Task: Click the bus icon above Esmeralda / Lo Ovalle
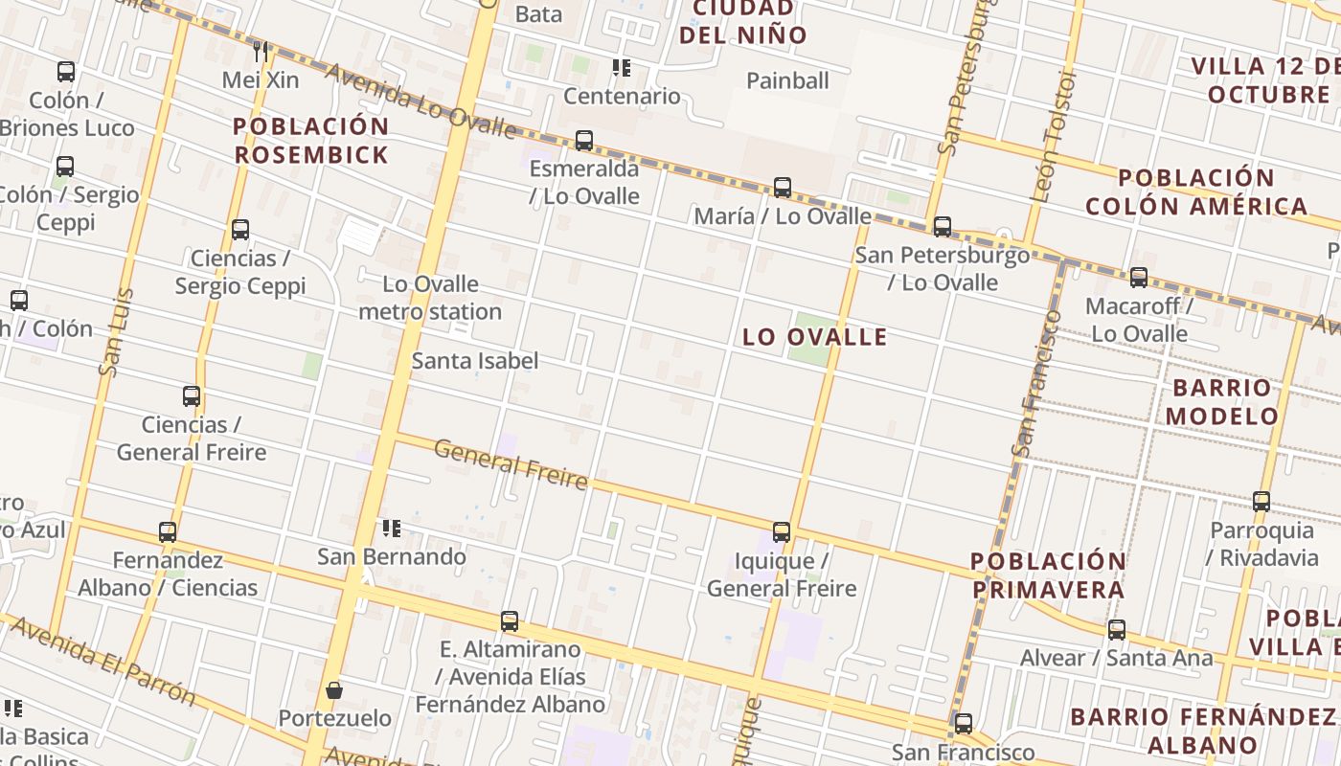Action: (x=583, y=141)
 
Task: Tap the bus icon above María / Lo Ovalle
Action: (x=783, y=188)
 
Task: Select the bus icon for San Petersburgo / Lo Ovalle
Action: (x=943, y=227)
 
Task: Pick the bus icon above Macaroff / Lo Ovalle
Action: (x=1138, y=278)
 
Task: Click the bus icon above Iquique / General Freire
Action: (x=782, y=532)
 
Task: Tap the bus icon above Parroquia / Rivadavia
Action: (x=1261, y=502)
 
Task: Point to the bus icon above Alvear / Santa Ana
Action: (x=1117, y=630)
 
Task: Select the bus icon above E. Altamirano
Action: (x=510, y=621)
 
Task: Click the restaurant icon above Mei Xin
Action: (x=261, y=51)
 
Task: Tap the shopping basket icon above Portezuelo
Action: (x=334, y=690)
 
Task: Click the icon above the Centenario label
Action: (x=622, y=68)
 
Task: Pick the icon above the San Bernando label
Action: (x=391, y=529)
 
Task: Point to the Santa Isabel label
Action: (x=475, y=361)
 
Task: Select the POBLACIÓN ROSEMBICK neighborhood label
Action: (x=311, y=141)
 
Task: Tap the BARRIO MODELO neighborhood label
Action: (x=1222, y=402)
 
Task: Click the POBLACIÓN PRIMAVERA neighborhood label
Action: (x=1048, y=575)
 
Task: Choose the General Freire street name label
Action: (x=511, y=463)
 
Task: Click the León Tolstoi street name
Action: (x=1054, y=134)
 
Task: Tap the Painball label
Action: (x=787, y=80)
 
